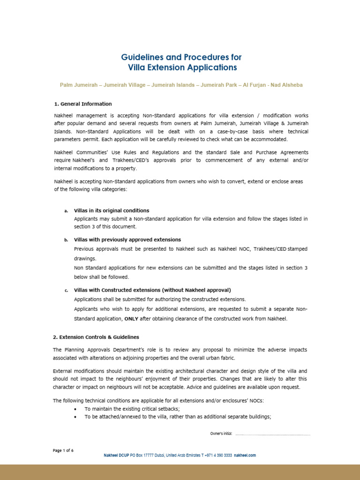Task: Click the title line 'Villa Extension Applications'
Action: pos(182,67)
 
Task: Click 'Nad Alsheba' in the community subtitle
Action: pos(287,85)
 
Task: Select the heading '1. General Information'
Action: pos(82,104)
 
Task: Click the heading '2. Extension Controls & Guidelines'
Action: pos(96,337)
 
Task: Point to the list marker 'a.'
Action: pos(66,211)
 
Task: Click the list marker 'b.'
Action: pos(66,240)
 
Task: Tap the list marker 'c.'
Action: pos(66,291)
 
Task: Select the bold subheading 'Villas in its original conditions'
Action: pos(112,210)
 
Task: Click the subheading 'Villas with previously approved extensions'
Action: pos(127,240)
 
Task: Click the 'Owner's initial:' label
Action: pos(221,434)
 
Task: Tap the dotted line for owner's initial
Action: pos(273,435)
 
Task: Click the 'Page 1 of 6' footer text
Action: pos(63,450)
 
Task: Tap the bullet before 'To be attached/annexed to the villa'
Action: pos(76,417)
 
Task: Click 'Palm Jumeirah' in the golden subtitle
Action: pos(78,85)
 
